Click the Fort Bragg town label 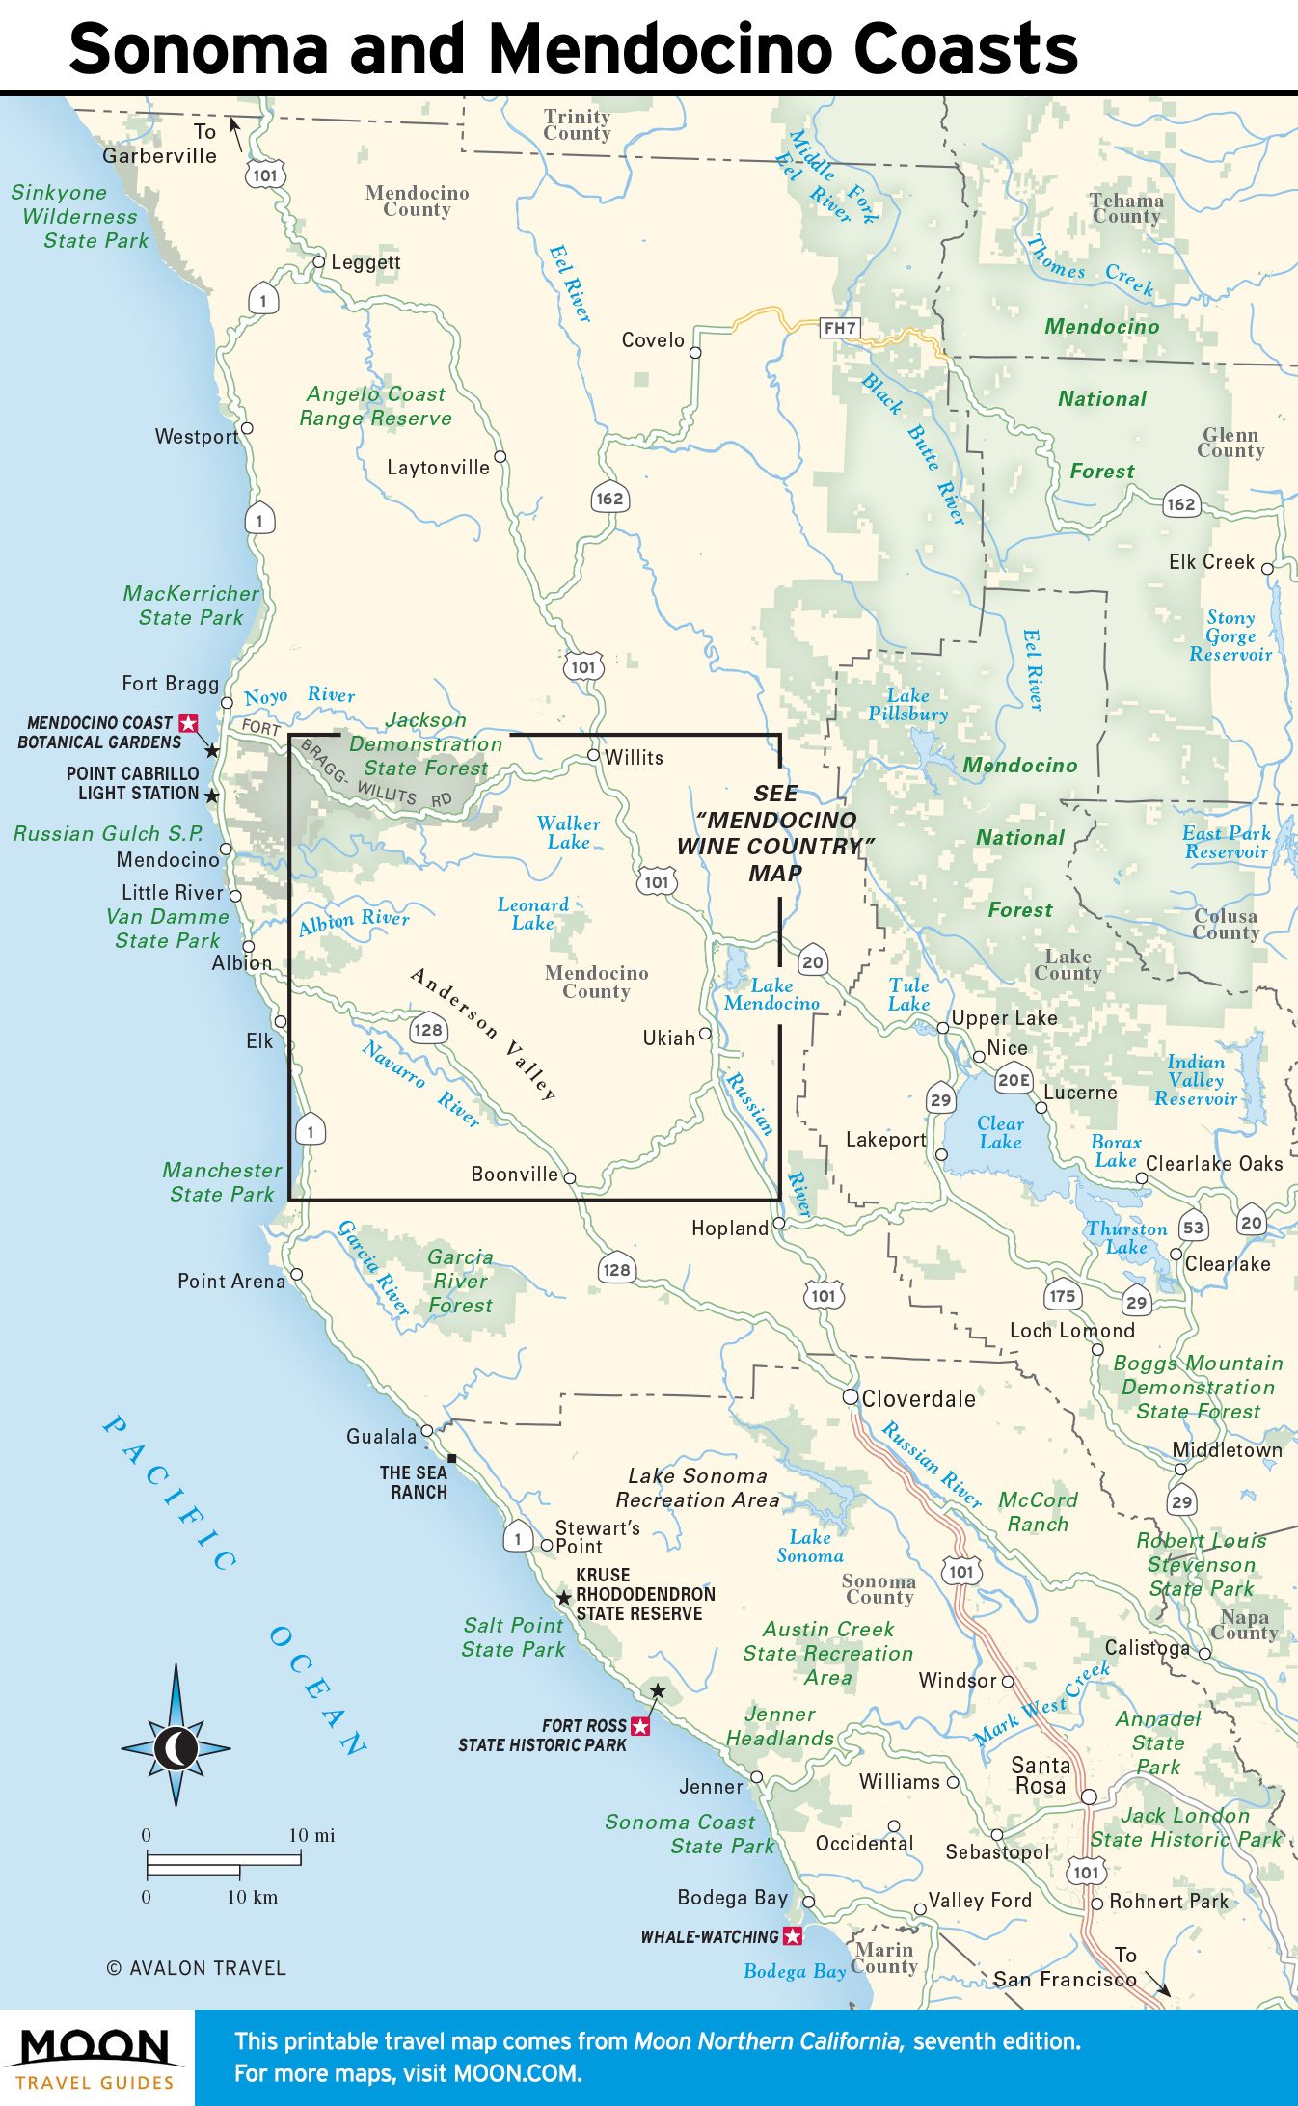pyautogui.click(x=171, y=684)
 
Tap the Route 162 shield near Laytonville pyautogui.click(x=609, y=499)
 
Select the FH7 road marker pyautogui.click(x=839, y=328)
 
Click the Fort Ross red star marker pyautogui.click(x=639, y=1725)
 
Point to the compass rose pyautogui.click(x=176, y=1747)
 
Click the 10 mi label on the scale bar pyautogui.click(x=311, y=1835)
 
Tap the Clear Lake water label pyautogui.click(x=1000, y=1133)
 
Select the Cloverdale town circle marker pyautogui.click(x=850, y=1396)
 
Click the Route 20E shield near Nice pyautogui.click(x=1014, y=1080)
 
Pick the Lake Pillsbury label pyautogui.click(x=907, y=705)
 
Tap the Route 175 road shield pyautogui.click(x=1062, y=1296)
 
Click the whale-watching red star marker pyautogui.click(x=792, y=1935)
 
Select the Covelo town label pyautogui.click(x=653, y=340)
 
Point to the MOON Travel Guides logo pyautogui.click(x=95, y=2058)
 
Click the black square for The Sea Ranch pyautogui.click(x=451, y=1458)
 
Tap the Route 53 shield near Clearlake pyautogui.click(x=1193, y=1228)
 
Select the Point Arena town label pyautogui.click(x=231, y=1282)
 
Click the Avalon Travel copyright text pyautogui.click(x=197, y=1968)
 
